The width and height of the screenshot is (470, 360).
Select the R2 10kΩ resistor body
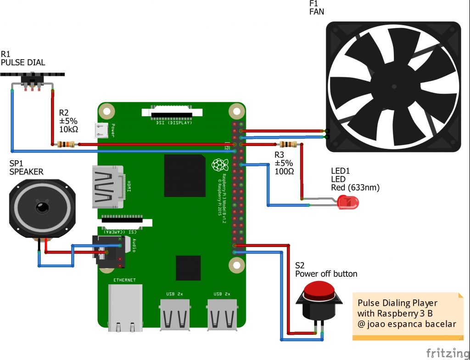pos(66,145)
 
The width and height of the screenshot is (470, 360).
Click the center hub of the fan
pos(393,86)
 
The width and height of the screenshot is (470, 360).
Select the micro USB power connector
pos(101,130)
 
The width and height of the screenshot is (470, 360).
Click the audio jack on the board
pos(109,252)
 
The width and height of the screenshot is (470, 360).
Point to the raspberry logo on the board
pos(218,165)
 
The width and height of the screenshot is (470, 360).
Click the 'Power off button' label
pos(326,274)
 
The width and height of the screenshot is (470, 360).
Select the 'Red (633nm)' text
pos(355,187)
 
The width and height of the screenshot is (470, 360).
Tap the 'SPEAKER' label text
pos(26,172)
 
